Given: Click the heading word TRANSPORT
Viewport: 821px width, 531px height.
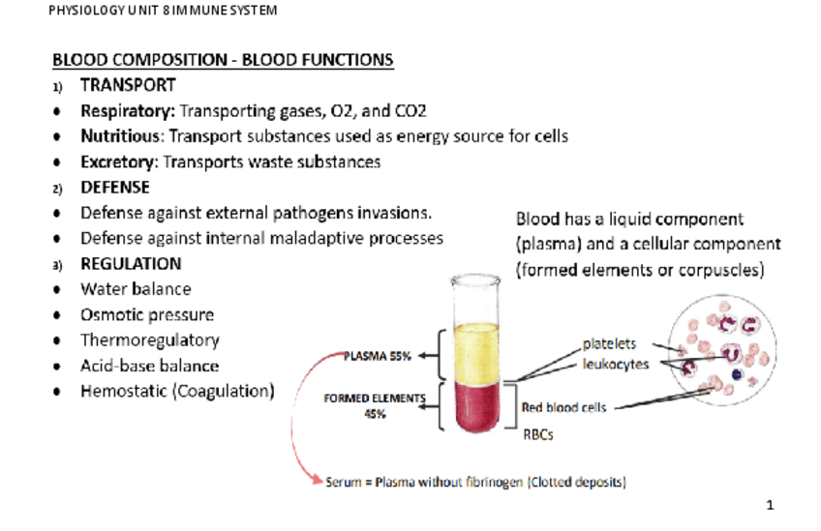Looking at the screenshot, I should [128, 85].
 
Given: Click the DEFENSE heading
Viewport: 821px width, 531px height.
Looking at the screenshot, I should [115, 187].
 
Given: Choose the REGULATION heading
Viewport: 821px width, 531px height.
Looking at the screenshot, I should [131, 263].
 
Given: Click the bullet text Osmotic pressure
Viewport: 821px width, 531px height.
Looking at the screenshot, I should [147, 314].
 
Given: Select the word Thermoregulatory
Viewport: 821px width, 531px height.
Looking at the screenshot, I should [149, 340].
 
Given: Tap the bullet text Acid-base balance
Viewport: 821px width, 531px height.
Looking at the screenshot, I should [149, 366].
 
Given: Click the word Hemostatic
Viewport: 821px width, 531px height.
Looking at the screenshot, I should [122, 392].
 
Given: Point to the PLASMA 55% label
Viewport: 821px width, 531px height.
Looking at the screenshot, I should [379, 356].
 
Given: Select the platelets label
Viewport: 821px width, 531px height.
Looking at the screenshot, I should [609, 343].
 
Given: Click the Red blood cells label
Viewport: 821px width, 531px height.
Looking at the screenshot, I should [563, 407].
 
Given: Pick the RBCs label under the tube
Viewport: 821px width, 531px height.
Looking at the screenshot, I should [537, 434].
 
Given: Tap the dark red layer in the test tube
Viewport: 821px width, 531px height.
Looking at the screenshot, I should [474, 406].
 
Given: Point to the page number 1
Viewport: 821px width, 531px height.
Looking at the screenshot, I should [771, 504].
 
